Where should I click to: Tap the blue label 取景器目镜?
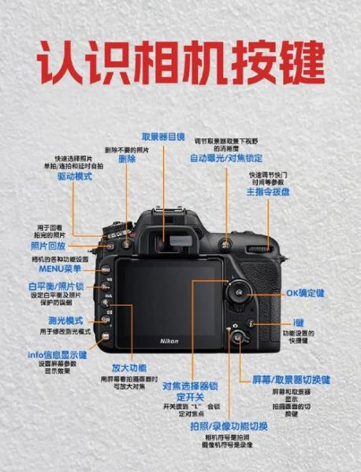click(x=163, y=136)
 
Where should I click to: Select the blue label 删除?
click(x=127, y=159)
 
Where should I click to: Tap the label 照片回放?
click(x=48, y=246)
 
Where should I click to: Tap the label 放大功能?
click(x=128, y=367)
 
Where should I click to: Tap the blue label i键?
click(x=299, y=323)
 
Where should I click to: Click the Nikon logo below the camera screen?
click(x=169, y=340)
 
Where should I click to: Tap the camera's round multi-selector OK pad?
click(x=237, y=293)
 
